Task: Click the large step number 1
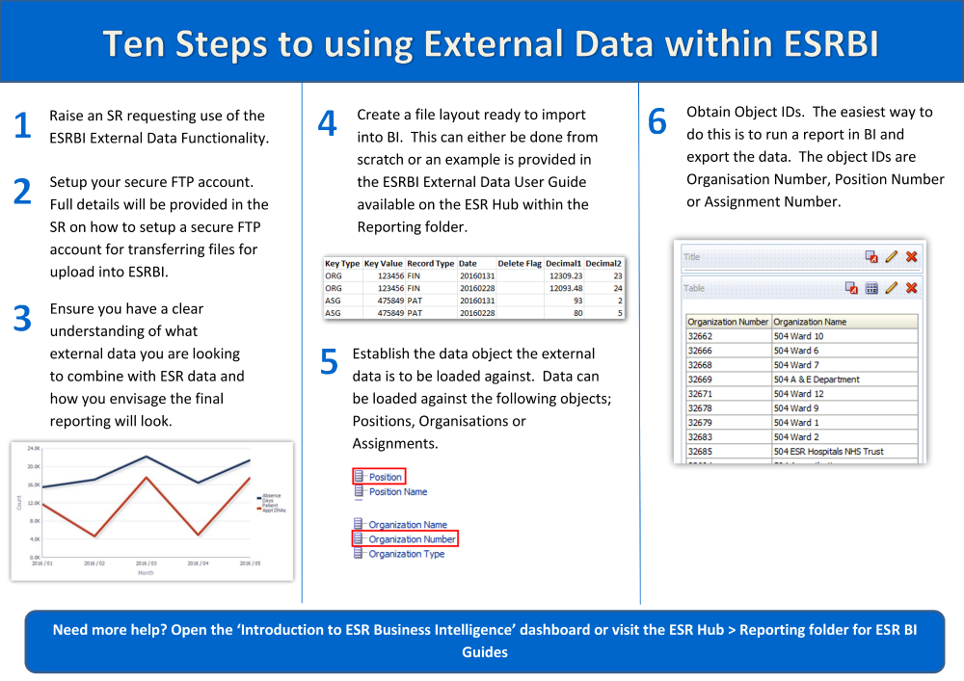coord(22,125)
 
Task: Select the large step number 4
coord(327,123)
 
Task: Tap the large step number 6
coord(657,122)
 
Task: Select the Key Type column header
coord(342,263)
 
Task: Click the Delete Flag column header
coord(520,263)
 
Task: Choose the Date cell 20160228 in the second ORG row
coord(476,288)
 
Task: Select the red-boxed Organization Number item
coord(412,539)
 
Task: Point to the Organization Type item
coord(406,554)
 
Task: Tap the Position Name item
coord(398,491)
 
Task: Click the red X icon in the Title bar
coord(911,257)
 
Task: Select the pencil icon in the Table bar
coord(892,288)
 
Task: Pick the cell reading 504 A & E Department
coord(817,380)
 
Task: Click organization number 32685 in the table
coord(700,452)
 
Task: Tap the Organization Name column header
coord(810,322)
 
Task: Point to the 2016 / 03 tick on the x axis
coord(146,563)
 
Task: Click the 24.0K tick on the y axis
coord(33,449)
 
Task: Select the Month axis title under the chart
coord(146,573)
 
